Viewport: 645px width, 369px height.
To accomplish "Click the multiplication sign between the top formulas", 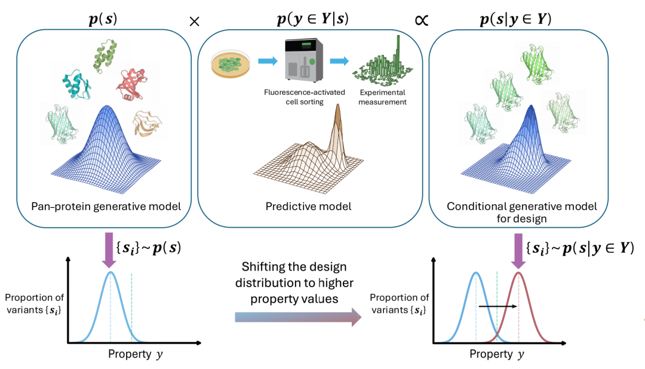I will (194, 21).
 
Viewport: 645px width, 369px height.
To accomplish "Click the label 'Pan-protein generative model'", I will (105, 207).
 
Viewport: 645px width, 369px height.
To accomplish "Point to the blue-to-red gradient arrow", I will (299, 316).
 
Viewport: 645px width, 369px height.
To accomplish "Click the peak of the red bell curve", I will (518, 273).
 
